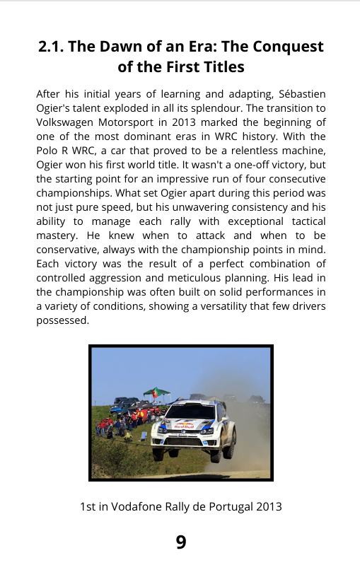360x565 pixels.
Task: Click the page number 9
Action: (x=181, y=542)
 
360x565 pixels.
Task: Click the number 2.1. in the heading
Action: (x=53, y=47)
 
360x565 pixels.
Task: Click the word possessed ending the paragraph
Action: (x=62, y=320)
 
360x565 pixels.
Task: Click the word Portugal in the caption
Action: (x=231, y=507)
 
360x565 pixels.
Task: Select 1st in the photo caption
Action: (x=88, y=507)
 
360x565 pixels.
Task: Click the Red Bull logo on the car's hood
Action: (x=185, y=426)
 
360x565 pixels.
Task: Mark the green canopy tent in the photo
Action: (x=157, y=392)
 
